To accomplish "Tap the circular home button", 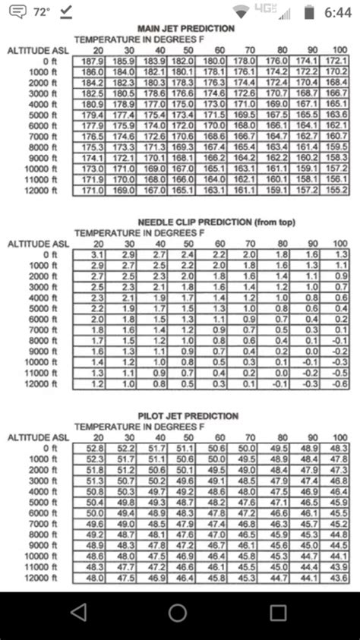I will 178,612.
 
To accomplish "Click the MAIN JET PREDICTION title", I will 185,29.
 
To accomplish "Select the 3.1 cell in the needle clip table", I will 98,254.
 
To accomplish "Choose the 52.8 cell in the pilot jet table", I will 95,448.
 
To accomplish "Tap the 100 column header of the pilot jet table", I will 339,437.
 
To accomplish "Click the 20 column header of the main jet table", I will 99,49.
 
